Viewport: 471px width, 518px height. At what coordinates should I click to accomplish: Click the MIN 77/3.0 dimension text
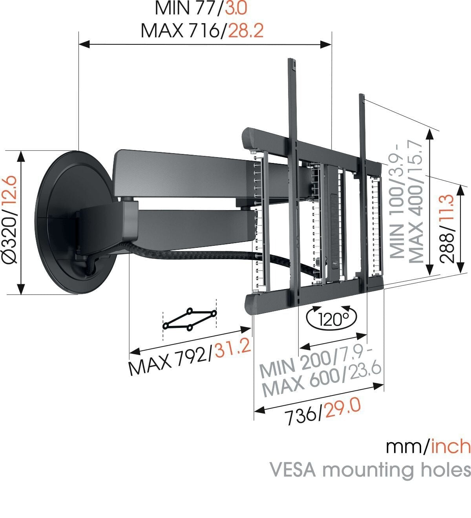pos(202,8)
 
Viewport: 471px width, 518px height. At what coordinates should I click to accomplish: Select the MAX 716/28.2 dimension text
pos(202,31)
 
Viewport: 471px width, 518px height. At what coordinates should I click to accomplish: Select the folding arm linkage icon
pos(190,318)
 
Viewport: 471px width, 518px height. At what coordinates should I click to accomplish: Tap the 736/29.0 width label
pos(322,411)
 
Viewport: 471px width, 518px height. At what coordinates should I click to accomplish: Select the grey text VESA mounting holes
pos(369,470)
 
